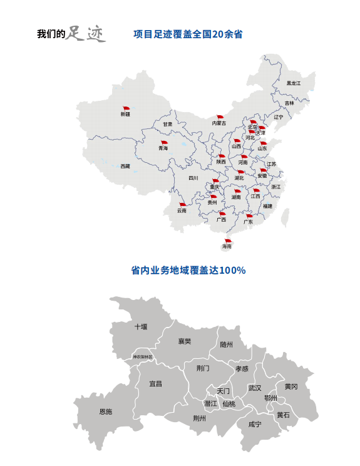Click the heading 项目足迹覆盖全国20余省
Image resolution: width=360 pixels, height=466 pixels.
pyautogui.click(x=188, y=34)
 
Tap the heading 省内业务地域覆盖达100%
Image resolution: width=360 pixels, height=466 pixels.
pyautogui.click(x=188, y=271)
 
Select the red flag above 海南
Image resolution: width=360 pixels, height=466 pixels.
pyautogui.click(x=227, y=241)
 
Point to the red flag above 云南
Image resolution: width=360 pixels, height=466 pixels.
pyautogui.click(x=182, y=205)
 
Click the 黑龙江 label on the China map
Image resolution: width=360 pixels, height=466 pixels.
pyautogui.click(x=294, y=83)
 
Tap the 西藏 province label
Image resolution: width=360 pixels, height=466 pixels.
pyautogui.click(x=125, y=166)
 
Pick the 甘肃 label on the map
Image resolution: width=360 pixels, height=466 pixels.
pyautogui.click(x=167, y=124)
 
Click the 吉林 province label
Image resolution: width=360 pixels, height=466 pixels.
pyautogui.click(x=289, y=103)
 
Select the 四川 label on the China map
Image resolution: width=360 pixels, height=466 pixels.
pyautogui.click(x=193, y=178)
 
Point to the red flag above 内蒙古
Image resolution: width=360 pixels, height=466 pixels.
pyautogui.click(x=219, y=117)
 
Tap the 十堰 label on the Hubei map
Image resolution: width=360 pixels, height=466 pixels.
pyautogui.click(x=141, y=326)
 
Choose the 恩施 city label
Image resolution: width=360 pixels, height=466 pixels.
pyautogui.click(x=106, y=412)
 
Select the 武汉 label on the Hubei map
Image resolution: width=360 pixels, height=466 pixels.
pyautogui.click(x=255, y=388)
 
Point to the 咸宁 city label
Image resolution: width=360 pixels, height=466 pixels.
pyautogui.click(x=255, y=424)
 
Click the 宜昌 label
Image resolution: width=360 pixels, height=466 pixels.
pyautogui.click(x=155, y=383)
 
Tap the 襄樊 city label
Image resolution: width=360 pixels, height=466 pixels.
pyautogui.click(x=184, y=341)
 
